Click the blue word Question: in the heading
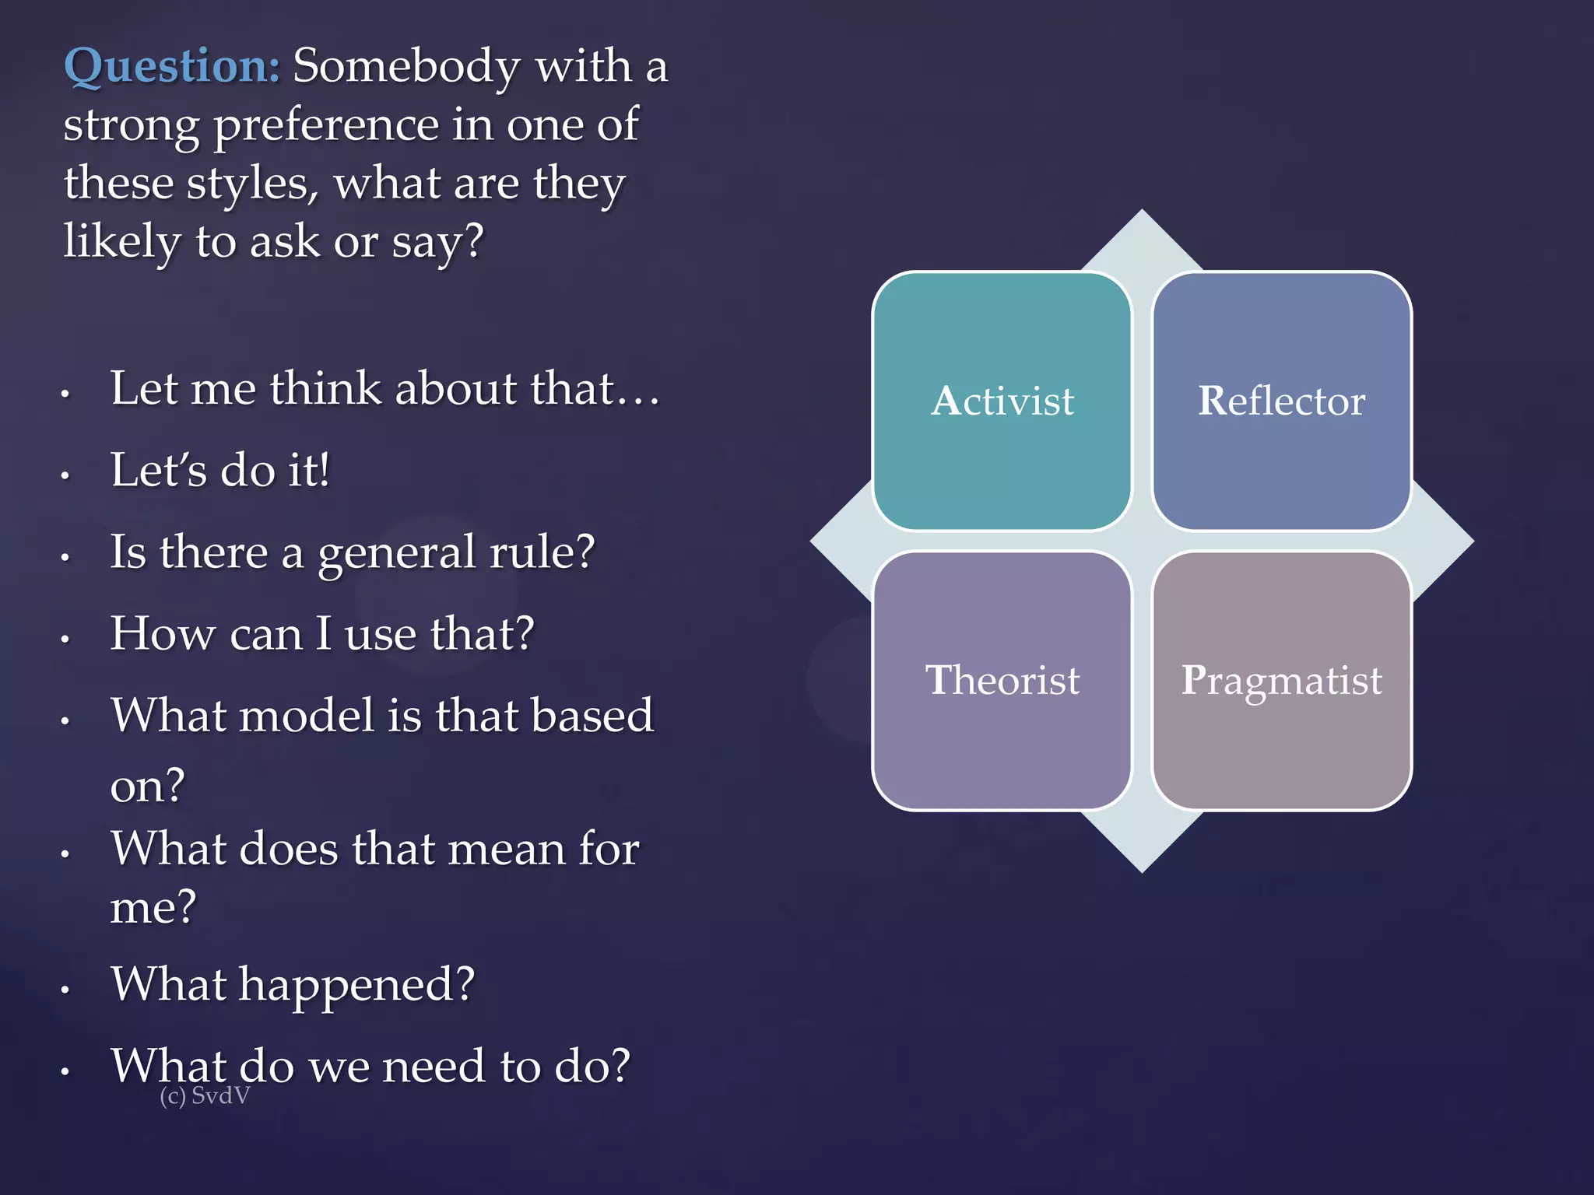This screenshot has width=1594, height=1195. click(x=171, y=67)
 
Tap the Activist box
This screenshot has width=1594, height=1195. click(x=1002, y=401)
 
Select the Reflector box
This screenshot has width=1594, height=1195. click(x=1281, y=401)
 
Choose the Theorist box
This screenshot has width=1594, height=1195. click(x=1002, y=681)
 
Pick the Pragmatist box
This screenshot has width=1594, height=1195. click(x=1281, y=681)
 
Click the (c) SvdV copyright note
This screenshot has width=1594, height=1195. click(x=205, y=1096)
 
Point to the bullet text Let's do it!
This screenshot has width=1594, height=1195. click(x=220, y=471)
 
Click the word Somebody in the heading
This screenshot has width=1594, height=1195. click(x=406, y=67)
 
